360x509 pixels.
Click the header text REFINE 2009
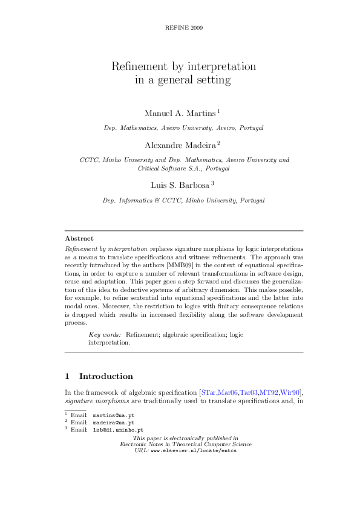click(x=183, y=28)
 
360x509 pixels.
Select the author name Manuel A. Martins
click(x=180, y=113)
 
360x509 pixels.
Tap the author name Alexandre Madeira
click(x=180, y=145)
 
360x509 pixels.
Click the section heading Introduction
click(x=106, y=376)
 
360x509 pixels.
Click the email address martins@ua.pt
click(x=114, y=416)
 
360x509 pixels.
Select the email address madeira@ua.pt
click(x=114, y=423)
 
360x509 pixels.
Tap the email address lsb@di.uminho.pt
click(x=122, y=429)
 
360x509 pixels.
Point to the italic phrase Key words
click(x=105, y=334)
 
